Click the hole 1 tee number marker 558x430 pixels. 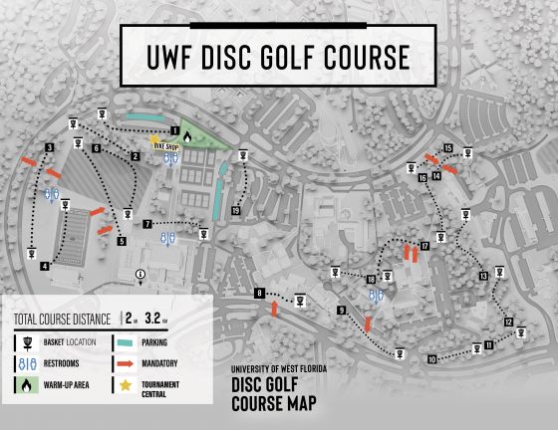175,129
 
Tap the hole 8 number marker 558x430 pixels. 259,293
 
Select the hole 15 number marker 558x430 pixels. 449,148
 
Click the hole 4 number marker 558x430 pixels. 45,266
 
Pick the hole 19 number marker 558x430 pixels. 235,210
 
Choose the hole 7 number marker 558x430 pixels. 146,224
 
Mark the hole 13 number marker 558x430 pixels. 484,276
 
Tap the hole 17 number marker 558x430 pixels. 424,245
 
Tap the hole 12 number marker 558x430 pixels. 508,322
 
